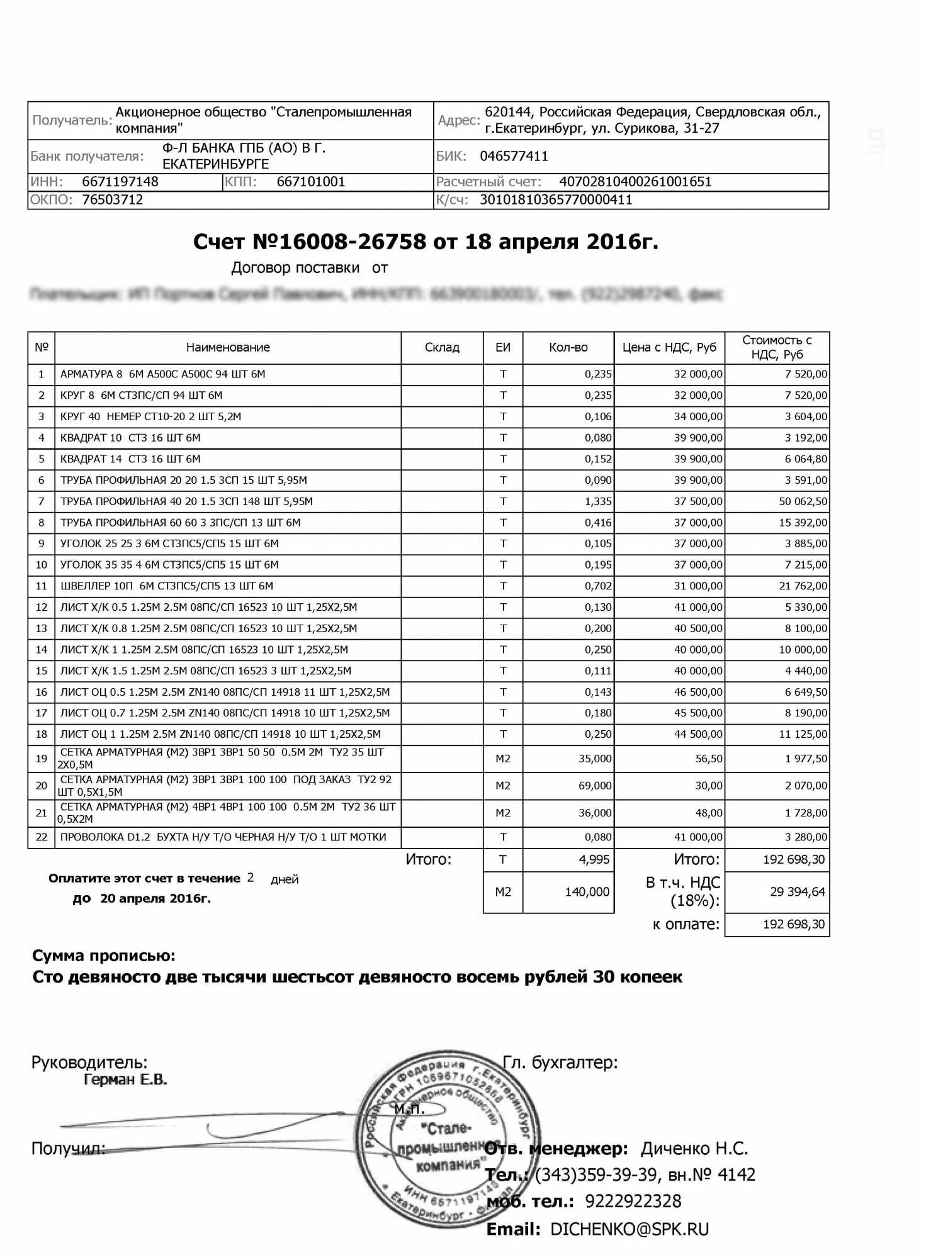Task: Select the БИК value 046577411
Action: (x=514, y=156)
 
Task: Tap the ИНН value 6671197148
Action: (x=120, y=182)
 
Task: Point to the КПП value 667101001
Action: (x=311, y=182)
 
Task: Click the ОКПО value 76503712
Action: (x=113, y=200)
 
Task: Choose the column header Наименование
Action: (x=228, y=347)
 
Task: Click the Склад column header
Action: (x=442, y=347)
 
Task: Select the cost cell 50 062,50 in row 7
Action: (x=803, y=501)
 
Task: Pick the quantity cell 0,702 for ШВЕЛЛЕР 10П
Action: (x=598, y=586)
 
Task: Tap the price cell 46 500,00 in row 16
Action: (x=698, y=692)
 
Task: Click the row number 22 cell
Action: (x=42, y=837)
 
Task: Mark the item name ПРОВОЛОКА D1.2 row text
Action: (x=223, y=837)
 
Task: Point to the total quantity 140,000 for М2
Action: (x=587, y=892)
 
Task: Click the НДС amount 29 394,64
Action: (x=797, y=892)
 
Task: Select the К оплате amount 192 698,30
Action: (x=793, y=924)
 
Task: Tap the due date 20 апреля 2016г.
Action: (x=155, y=898)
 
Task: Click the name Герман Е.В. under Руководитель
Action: (x=125, y=1080)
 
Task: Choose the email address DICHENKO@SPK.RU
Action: (x=630, y=1230)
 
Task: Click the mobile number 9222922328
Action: (x=633, y=1201)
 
